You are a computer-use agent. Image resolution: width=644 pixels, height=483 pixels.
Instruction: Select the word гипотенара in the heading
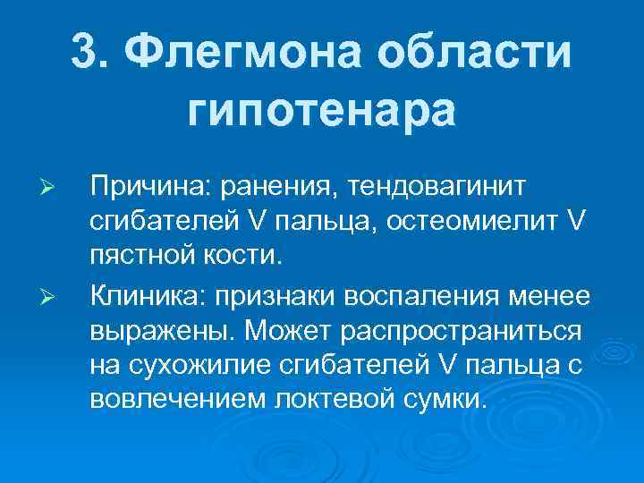click(x=322, y=111)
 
